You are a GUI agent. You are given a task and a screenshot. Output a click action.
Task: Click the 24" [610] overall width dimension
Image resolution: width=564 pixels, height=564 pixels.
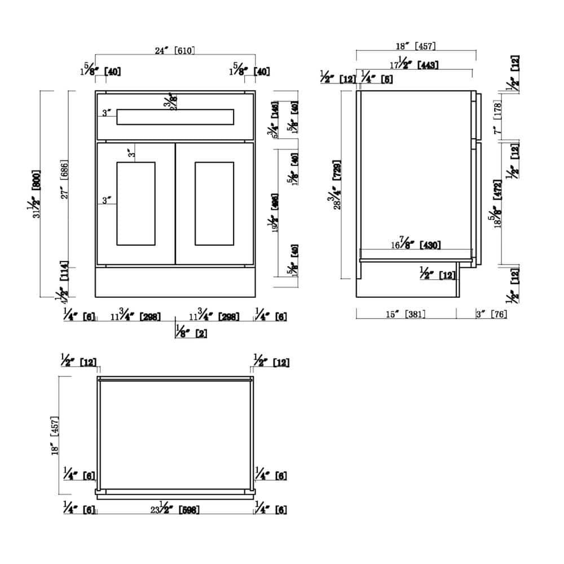point(175,50)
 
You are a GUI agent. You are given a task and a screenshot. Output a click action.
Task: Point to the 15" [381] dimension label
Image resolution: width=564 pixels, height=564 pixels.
point(405,314)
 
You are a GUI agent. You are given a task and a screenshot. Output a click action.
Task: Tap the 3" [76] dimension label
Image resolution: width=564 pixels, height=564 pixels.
point(491,314)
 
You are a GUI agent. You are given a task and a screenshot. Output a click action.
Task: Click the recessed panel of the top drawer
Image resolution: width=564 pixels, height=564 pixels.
point(175,117)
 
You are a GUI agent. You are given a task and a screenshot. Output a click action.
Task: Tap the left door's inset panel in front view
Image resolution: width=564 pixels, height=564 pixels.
point(135,203)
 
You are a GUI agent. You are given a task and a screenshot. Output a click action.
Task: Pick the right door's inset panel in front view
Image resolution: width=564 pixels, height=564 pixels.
point(214,203)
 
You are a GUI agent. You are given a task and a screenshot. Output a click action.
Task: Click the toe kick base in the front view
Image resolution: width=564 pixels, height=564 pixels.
point(175,281)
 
